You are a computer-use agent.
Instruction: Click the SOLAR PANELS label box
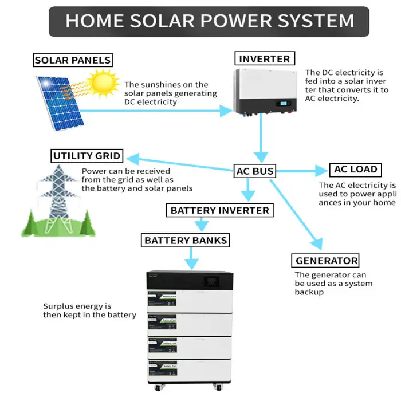pyautogui.click(x=72, y=60)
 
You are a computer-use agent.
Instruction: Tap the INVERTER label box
pyautogui.click(x=265, y=58)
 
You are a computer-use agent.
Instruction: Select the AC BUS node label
pyautogui.click(x=255, y=171)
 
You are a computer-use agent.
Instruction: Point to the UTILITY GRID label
pyautogui.click(x=87, y=156)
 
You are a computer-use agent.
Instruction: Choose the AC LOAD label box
pyautogui.click(x=356, y=170)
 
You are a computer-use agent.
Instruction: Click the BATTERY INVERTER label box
pyautogui.click(x=219, y=210)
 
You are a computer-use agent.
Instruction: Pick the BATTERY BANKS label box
pyautogui.click(x=186, y=241)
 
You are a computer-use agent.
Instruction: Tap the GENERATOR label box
pyautogui.click(x=327, y=261)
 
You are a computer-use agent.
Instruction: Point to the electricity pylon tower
pyautogui.click(x=58, y=192)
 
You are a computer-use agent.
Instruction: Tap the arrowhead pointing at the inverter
pyautogui.click(x=226, y=111)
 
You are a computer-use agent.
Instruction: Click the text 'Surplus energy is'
pyautogui.click(x=77, y=306)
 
